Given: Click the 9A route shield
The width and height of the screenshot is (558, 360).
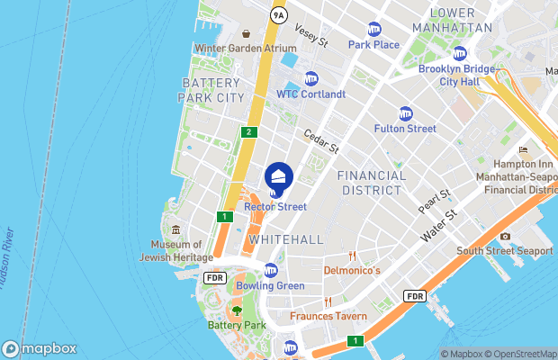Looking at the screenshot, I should click(278, 15).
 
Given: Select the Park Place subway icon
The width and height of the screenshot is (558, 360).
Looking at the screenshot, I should click(373, 30).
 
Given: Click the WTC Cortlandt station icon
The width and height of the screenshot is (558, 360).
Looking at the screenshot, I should click(311, 78).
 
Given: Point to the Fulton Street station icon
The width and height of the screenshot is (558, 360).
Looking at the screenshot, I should click(405, 113).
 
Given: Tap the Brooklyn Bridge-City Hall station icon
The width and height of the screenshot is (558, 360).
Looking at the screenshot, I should click(460, 53).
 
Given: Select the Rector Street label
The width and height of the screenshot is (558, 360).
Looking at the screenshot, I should click(275, 207).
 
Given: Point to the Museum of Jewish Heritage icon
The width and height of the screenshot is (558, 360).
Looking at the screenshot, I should click(175, 230).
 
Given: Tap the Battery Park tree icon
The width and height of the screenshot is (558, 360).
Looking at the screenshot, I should click(237, 311).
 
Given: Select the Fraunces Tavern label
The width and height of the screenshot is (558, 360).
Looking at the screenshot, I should click(328, 317).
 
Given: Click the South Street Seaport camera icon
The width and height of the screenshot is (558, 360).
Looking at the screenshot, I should click(505, 237).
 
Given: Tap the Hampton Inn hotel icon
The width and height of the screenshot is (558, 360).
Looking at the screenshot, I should click(523, 150).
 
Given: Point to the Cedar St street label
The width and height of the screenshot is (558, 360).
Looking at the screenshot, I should click(320, 139).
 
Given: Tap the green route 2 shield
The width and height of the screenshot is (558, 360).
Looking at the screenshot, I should click(248, 132).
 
